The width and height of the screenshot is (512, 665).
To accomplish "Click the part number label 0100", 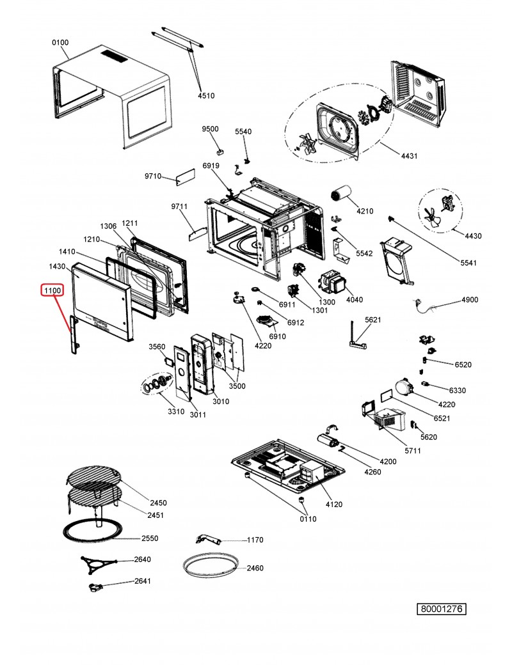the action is point(60,42).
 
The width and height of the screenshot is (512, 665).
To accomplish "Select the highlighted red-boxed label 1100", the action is point(52,290).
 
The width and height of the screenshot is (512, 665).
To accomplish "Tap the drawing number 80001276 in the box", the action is point(442,609).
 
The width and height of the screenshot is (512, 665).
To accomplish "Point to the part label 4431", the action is point(409,156).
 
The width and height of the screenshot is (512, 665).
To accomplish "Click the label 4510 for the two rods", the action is point(206,96).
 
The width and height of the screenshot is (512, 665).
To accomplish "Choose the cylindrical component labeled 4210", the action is point(341,194).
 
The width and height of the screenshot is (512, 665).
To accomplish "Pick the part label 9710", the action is point(153,176).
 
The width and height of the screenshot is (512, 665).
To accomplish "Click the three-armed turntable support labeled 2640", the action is point(98,565).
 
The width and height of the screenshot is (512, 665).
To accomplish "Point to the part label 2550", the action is point(150,538).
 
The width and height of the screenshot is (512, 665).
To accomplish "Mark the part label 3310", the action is point(176,411).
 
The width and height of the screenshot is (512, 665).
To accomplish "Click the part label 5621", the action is point(373,320).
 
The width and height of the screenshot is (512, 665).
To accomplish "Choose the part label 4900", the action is point(470,300).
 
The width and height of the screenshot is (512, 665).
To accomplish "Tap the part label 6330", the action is point(457,390).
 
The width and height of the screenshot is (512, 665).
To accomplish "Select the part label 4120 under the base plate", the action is point(334,505).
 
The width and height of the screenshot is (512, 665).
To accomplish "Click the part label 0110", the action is point(308,519).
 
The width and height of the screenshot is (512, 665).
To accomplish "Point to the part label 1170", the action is point(255,540).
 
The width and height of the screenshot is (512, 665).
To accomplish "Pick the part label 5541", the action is point(468,263).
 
